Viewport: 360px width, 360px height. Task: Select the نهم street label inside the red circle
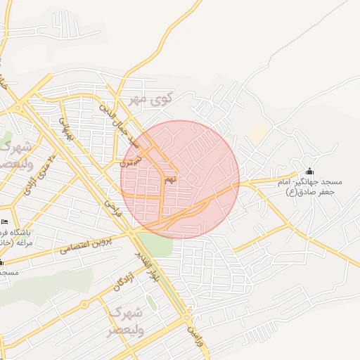coord(170,180)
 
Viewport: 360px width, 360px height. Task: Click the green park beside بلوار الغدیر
coord(159,245)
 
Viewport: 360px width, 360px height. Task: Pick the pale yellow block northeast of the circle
coord(259,131)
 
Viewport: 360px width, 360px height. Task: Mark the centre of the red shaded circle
coord(180,180)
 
